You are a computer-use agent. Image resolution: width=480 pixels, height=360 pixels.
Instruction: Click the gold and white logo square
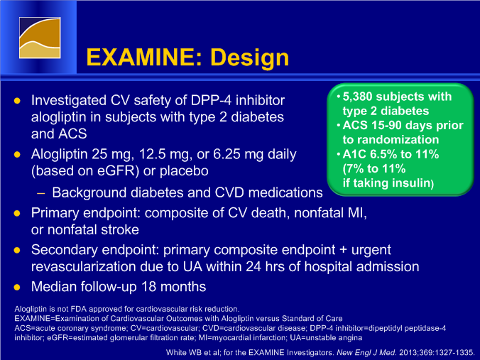point(40,38)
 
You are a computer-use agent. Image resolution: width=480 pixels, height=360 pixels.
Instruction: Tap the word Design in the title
point(250,58)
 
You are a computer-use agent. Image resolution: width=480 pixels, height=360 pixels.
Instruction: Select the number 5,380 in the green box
point(357,97)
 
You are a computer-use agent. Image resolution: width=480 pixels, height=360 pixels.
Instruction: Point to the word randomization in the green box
point(391,140)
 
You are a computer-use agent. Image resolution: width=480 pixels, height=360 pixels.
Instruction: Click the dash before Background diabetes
point(40,193)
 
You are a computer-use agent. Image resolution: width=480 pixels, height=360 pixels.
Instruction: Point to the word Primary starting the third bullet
point(55,213)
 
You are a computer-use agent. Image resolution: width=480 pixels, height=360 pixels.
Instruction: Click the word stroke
point(119,229)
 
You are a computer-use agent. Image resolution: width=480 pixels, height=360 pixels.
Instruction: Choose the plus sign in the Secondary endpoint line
point(343,250)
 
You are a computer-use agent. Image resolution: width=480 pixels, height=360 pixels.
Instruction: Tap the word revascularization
point(83,267)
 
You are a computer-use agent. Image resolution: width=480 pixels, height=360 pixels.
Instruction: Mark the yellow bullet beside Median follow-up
point(17,287)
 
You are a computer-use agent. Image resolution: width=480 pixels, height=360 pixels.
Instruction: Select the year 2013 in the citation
point(409,352)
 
